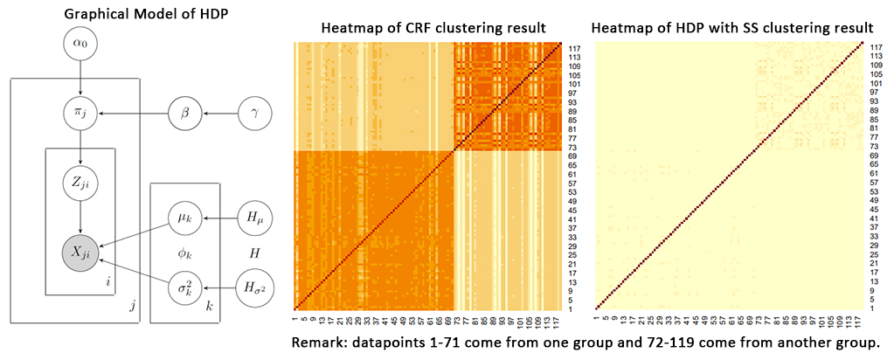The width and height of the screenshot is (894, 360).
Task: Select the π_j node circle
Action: click(80, 112)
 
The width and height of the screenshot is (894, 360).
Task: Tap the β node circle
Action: click(185, 112)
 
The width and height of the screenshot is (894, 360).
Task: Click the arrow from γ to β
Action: click(218, 112)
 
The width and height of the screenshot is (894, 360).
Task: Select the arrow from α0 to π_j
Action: click(80, 77)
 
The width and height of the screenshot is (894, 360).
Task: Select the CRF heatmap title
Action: click(426, 27)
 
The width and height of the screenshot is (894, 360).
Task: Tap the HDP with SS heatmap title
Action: click(732, 27)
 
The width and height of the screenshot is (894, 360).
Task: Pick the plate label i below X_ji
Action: click(106, 282)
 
